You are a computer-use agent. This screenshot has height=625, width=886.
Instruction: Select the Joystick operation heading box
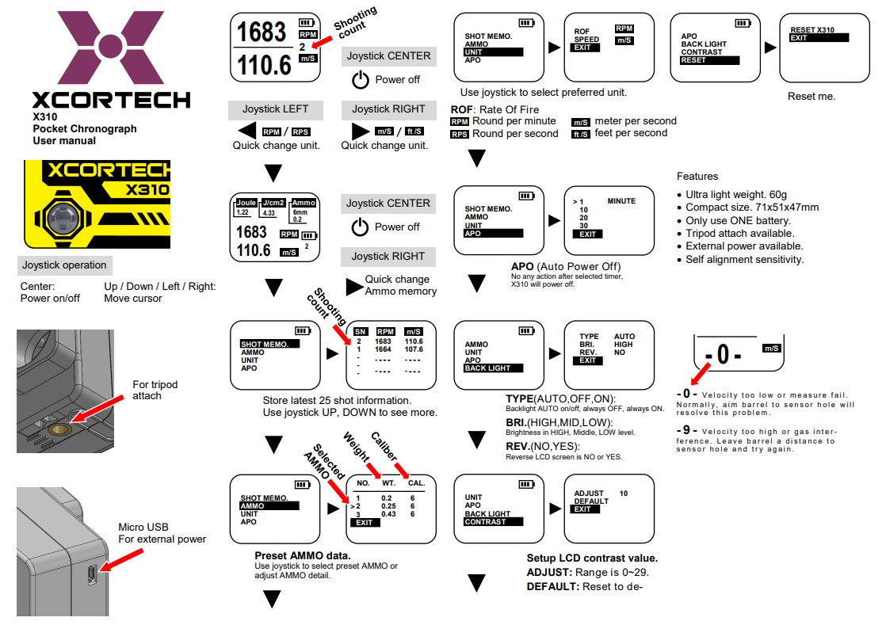coord(64,265)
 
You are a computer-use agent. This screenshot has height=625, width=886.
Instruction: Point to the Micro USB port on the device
coord(93,574)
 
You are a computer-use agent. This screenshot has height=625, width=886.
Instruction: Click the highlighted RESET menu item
coord(709,60)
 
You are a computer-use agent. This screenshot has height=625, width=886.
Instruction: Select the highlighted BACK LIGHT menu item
coord(493,368)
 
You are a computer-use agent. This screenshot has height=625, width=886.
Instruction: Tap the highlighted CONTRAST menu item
coord(493,521)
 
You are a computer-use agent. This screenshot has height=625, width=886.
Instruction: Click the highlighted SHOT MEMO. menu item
coord(269,344)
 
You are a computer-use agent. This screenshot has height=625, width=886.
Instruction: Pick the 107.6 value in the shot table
coord(414,349)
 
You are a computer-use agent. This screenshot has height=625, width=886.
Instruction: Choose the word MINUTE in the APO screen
coord(621,201)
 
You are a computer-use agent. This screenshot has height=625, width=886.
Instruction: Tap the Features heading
coord(697,176)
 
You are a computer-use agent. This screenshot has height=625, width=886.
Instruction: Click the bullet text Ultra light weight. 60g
coord(736,195)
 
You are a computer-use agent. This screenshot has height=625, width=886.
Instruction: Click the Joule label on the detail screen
coord(247,202)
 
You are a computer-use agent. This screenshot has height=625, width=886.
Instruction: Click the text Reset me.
coord(811,96)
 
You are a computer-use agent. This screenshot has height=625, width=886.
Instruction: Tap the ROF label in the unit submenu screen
coord(582,32)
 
